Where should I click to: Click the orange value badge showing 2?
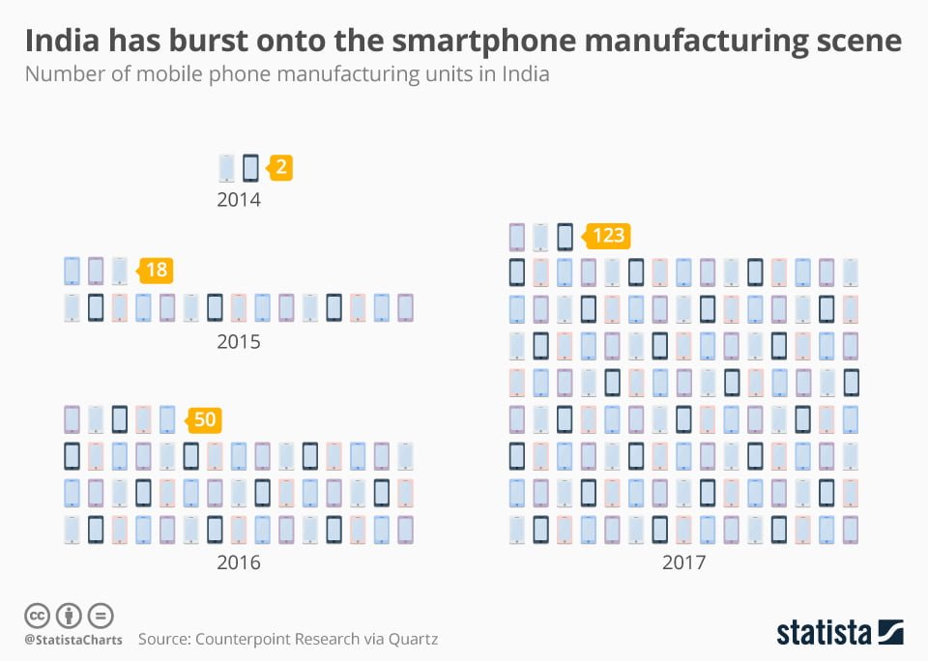(x=279, y=168)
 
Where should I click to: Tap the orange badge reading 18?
(x=156, y=271)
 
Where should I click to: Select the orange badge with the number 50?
(x=203, y=419)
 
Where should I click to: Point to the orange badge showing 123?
(x=607, y=235)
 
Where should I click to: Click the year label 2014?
(x=238, y=201)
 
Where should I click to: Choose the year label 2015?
(x=238, y=342)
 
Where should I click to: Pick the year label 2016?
(x=238, y=562)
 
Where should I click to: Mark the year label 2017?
(x=683, y=562)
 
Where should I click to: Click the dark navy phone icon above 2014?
(x=250, y=168)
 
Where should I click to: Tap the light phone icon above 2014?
(x=227, y=168)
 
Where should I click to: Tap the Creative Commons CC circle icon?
(x=38, y=615)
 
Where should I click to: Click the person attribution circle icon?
(x=69, y=615)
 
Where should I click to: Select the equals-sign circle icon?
(x=101, y=615)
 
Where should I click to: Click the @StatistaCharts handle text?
(x=72, y=640)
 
